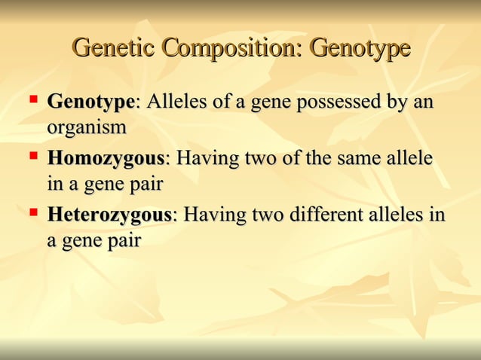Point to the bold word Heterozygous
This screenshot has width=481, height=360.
[x=109, y=216]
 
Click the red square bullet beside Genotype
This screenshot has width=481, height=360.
[x=34, y=99]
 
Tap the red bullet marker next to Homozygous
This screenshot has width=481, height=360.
[x=34, y=156]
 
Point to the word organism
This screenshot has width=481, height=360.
[x=87, y=128]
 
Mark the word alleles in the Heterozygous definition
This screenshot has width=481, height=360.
[x=401, y=216]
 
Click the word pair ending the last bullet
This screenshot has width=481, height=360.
[x=123, y=242]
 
